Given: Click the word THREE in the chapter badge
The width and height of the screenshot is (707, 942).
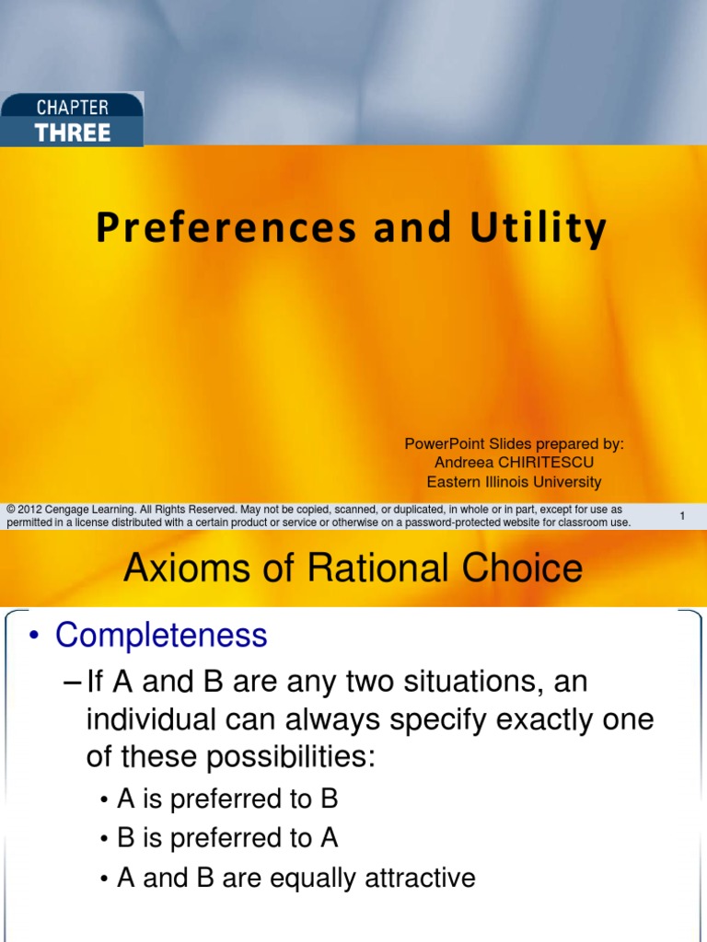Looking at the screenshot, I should [x=73, y=132].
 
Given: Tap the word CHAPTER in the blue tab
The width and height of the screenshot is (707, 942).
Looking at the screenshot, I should [x=73, y=108].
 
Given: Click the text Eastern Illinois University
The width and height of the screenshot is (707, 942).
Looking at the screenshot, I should [x=514, y=481].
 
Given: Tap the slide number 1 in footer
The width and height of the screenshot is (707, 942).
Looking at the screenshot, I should [x=682, y=517].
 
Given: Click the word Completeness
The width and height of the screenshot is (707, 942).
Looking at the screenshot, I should [x=161, y=635].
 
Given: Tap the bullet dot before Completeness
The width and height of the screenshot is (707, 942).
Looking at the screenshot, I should [x=36, y=636].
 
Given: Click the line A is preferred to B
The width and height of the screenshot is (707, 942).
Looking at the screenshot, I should [x=227, y=799].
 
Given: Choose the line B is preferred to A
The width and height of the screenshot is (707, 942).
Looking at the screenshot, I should [x=227, y=838].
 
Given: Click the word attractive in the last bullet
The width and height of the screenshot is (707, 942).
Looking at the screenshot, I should [x=418, y=878].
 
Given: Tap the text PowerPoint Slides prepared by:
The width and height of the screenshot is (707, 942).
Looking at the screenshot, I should [x=514, y=443].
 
